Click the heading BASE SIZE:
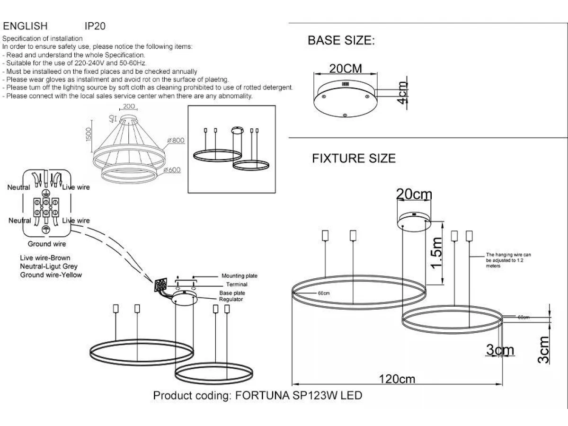(x=341, y=41)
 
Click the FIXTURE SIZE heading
(x=354, y=159)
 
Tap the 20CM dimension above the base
(x=346, y=69)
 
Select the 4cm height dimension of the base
(x=402, y=94)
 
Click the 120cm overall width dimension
(x=397, y=379)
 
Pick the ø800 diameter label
(x=175, y=140)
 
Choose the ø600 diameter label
(x=173, y=170)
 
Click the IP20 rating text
(x=94, y=27)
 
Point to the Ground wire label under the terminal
(x=47, y=244)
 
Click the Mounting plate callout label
(x=240, y=276)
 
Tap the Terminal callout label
(x=237, y=285)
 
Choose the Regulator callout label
(x=231, y=300)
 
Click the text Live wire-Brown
(x=45, y=258)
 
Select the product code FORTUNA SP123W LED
(x=298, y=395)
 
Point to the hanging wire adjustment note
(x=508, y=260)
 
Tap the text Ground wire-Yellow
(x=51, y=275)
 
